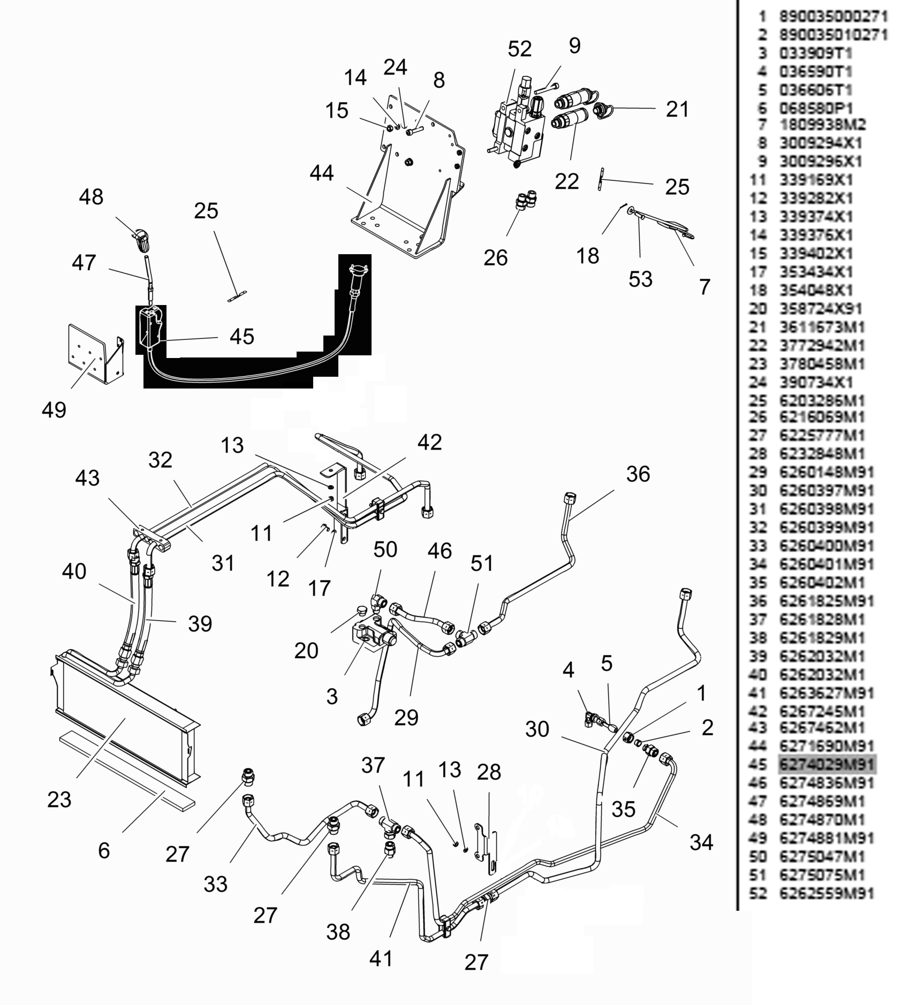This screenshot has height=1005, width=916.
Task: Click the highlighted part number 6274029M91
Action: [826, 764]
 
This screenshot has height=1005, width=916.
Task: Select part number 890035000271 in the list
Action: [833, 17]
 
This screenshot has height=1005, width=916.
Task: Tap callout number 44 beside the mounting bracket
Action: [321, 173]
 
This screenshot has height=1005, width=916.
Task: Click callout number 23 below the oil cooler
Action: [59, 800]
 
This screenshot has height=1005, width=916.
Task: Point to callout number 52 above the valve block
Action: [519, 49]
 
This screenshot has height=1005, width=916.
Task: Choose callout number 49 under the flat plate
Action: [54, 410]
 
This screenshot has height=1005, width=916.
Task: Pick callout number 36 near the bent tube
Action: [638, 474]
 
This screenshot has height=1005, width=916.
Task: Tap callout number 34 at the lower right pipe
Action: [701, 842]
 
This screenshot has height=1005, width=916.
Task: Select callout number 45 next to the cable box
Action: [241, 337]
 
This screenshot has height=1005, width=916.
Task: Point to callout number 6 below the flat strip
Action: [104, 850]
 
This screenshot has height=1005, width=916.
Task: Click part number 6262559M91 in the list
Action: [826, 893]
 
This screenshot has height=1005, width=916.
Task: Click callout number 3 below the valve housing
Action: [332, 696]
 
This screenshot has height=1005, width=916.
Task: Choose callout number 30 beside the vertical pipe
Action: [537, 729]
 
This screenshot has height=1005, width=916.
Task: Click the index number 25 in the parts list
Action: [758, 401]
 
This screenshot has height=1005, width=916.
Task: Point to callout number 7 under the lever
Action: [705, 287]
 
